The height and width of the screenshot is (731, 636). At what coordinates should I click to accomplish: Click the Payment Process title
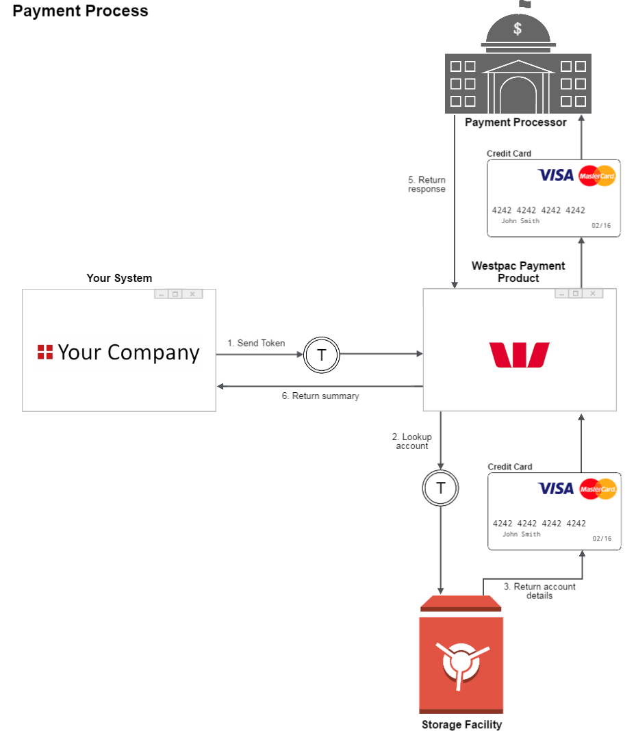tap(80, 11)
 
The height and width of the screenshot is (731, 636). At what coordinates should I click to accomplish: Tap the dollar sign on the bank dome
tap(518, 29)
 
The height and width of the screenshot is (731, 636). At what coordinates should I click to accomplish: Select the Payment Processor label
tap(516, 123)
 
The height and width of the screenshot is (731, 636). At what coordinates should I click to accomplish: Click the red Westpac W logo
tap(519, 355)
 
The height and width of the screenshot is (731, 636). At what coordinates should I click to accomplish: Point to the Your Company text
tap(129, 352)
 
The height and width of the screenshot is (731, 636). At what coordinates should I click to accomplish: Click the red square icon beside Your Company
tap(45, 352)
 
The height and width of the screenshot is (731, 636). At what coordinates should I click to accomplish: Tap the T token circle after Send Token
tap(322, 354)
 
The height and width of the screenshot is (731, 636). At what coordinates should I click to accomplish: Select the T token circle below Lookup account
tap(441, 488)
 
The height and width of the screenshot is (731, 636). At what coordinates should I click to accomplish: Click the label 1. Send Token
tap(256, 343)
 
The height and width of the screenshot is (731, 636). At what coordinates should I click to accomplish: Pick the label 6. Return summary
tap(320, 396)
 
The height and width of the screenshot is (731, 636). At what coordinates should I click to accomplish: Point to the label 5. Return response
tap(427, 185)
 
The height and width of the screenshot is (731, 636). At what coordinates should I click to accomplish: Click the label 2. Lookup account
tap(412, 441)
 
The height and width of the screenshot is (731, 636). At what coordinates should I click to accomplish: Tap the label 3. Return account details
tap(539, 591)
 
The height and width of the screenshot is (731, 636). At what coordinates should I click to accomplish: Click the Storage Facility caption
tap(461, 724)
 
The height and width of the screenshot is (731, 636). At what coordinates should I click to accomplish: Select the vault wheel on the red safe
tap(461, 661)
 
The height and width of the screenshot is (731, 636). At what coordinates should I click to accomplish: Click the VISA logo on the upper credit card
tap(555, 175)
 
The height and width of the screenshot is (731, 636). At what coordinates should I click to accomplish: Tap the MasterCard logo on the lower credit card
tap(598, 489)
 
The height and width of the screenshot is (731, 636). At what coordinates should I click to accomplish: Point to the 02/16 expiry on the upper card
tap(602, 225)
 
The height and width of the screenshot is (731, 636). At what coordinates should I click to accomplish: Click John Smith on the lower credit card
tap(521, 534)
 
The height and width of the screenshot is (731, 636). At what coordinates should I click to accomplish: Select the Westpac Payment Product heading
tap(518, 272)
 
